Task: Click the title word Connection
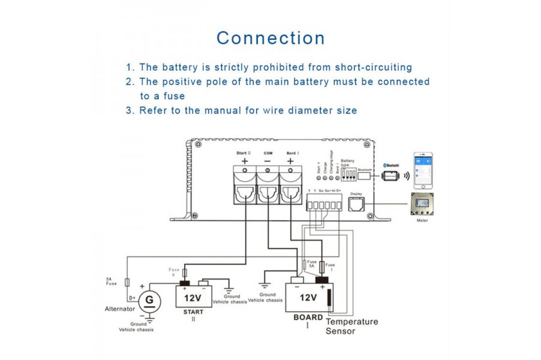270,38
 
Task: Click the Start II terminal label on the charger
244,153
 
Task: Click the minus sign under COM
267,161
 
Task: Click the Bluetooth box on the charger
366,170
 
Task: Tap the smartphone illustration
423,170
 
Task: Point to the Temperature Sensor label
351,326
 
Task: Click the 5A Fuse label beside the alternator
112,280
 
